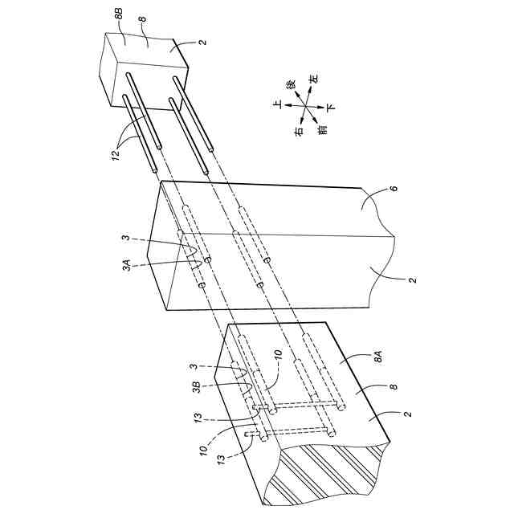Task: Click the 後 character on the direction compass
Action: (x=291, y=84)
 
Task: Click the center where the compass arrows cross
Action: (x=304, y=105)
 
